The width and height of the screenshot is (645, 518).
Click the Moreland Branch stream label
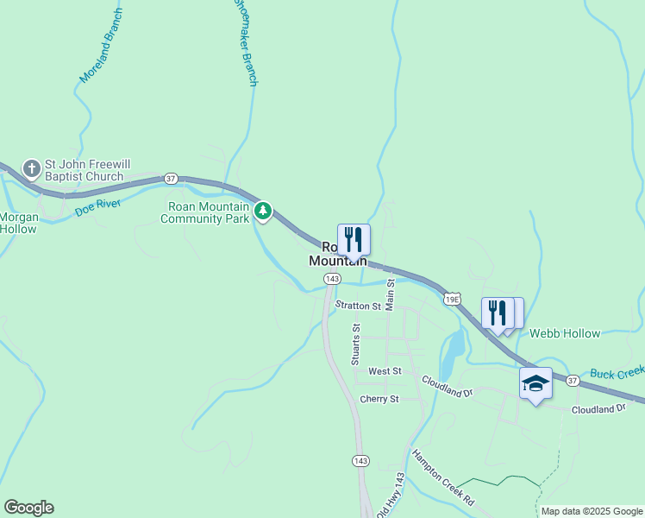point(101,46)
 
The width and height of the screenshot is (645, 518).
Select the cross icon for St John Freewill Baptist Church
point(32,168)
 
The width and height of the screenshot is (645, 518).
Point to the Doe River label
point(97,206)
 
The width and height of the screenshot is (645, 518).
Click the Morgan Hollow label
point(18,223)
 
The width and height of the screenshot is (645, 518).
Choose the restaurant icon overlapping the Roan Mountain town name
point(354,239)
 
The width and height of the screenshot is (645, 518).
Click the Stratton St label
point(358,306)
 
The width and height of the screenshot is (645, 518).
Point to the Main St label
point(390,294)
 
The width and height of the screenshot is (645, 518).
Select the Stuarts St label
point(355,344)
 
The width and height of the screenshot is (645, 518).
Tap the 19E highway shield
point(452,299)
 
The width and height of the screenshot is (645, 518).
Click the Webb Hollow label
point(564,333)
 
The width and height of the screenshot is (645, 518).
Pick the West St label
point(385,370)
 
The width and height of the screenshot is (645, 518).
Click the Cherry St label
point(379,399)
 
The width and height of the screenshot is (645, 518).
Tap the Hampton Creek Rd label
point(443,478)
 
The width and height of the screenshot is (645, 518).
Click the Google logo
point(28,508)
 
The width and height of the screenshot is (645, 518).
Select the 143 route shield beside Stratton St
point(332,278)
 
